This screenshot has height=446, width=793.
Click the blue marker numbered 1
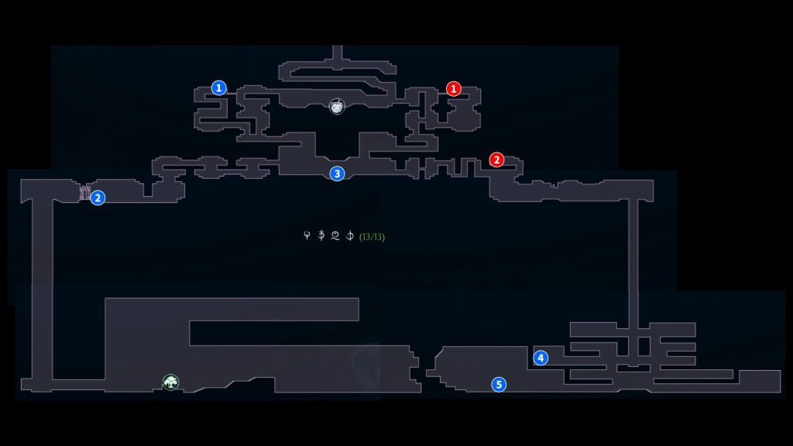click(x=220, y=88)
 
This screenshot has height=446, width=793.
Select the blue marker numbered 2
click(x=98, y=198)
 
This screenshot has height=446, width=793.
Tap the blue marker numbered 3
click(x=337, y=173)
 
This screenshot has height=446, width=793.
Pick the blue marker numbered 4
click(x=541, y=358)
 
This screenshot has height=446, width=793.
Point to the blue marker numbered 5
click(x=499, y=384)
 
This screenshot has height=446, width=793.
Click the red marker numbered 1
click(x=454, y=89)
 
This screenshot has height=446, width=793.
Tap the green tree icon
click(x=170, y=382)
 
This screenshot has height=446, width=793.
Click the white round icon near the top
click(x=337, y=106)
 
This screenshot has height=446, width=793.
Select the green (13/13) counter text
click(x=372, y=236)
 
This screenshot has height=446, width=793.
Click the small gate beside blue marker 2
click(x=84, y=192)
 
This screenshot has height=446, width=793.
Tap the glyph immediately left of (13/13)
click(x=350, y=235)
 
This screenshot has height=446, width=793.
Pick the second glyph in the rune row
click(x=321, y=235)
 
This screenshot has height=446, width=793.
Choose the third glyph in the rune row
click(x=335, y=235)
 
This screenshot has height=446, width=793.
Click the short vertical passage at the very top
click(x=337, y=54)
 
